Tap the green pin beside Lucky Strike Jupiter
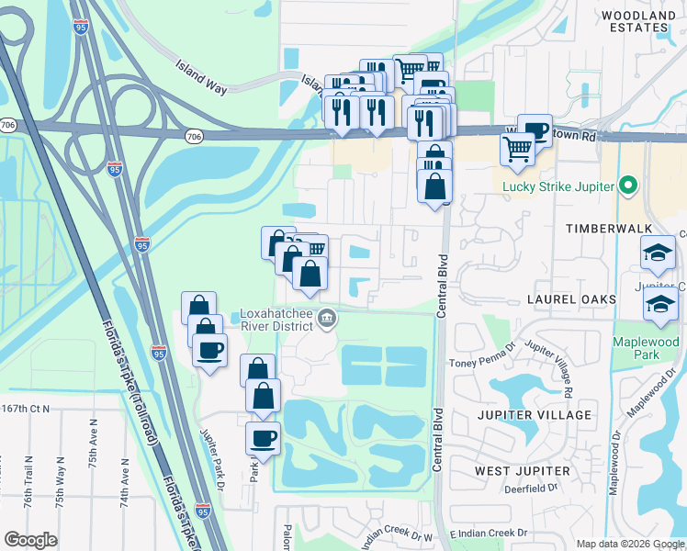click(629, 186)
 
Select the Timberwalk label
click(608, 227)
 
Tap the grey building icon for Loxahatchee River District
click(327, 320)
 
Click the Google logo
click(30, 539)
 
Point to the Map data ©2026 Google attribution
click(629, 543)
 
